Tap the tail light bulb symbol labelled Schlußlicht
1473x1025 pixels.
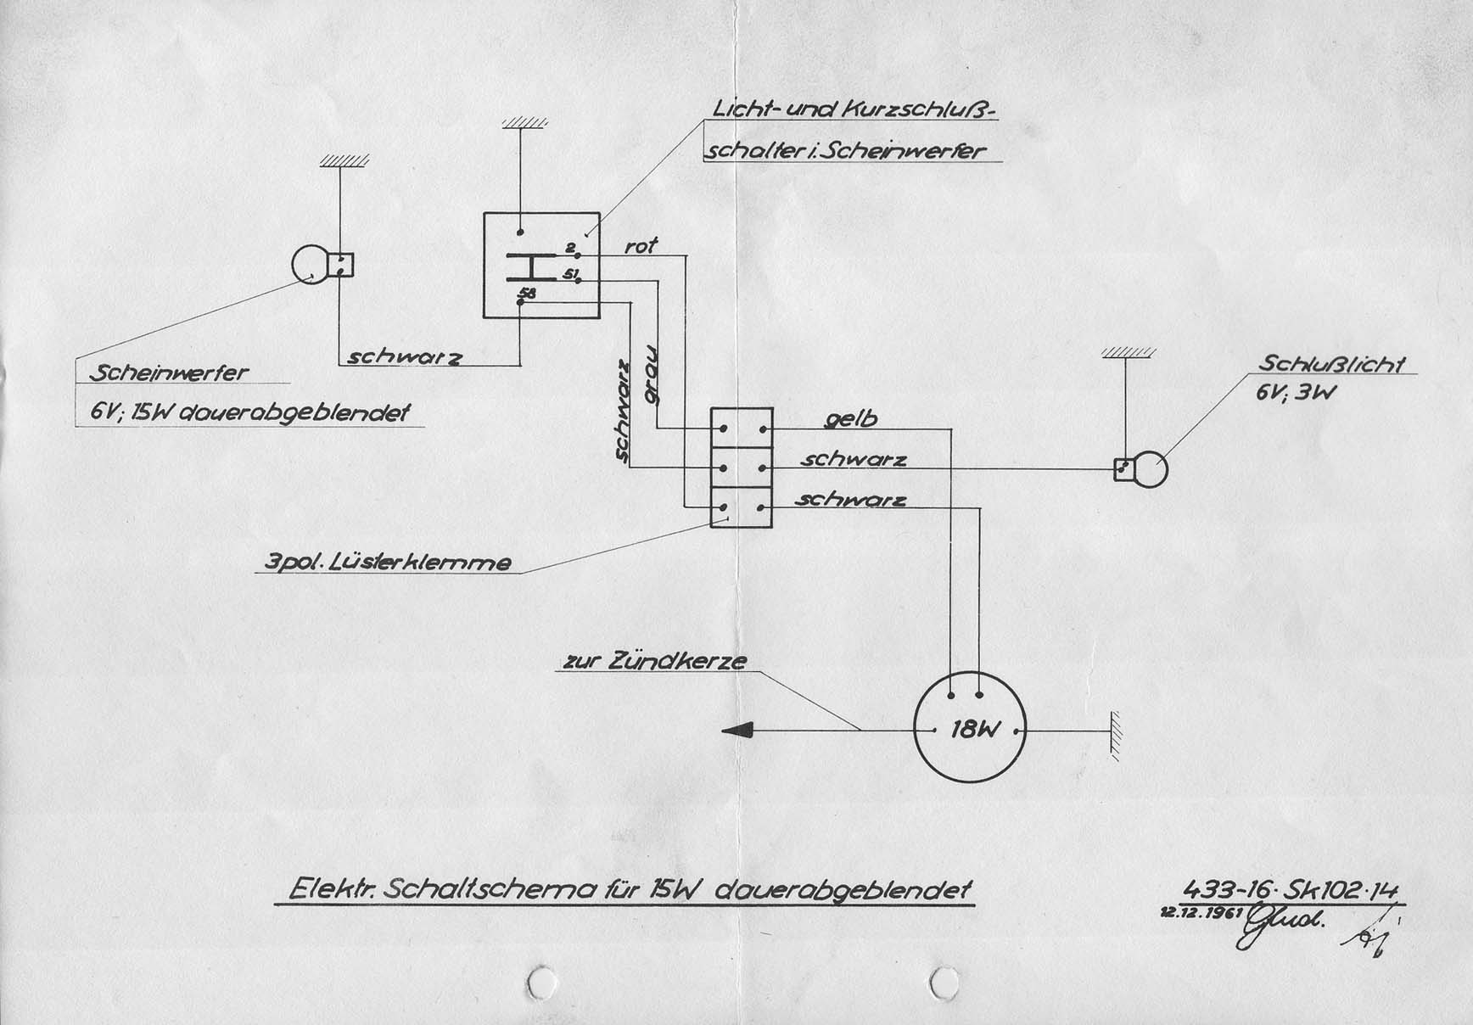click(1150, 469)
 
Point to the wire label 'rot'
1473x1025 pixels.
click(641, 246)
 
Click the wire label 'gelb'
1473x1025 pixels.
click(850, 419)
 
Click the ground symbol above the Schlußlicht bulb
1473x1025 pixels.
click(1128, 351)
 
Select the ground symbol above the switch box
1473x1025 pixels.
click(524, 122)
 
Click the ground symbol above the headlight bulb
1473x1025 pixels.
click(344, 160)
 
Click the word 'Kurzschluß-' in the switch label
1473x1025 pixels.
click(920, 110)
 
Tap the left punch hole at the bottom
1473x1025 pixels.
click(541, 982)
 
